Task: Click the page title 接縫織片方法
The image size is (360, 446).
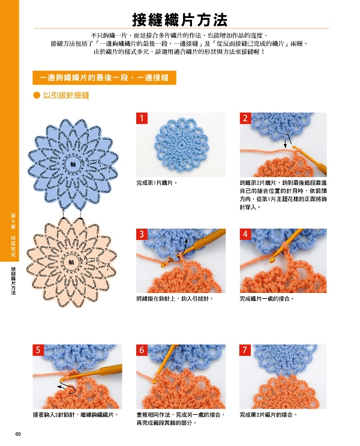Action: point(180,20)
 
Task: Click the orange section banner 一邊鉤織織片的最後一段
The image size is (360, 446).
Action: point(104,77)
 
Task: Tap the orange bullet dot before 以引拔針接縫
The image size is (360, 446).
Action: point(37,95)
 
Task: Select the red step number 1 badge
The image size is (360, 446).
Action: point(142,118)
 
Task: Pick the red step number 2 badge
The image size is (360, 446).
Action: point(245,118)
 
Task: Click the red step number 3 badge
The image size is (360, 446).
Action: point(142,234)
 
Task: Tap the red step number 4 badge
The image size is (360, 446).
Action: point(245,234)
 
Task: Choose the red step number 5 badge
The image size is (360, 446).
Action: point(38,350)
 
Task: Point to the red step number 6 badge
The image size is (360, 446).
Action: point(142,350)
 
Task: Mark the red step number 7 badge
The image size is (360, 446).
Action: point(245,350)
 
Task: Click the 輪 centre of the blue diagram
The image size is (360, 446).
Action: point(73,164)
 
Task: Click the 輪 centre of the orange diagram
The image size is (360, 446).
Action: point(71,262)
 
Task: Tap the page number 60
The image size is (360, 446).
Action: point(18,434)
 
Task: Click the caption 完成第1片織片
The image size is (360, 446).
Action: point(157,183)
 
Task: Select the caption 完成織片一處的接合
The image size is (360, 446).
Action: point(267,299)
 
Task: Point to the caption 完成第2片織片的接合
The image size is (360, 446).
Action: point(268,415)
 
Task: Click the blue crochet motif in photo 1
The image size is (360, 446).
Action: point(181,144)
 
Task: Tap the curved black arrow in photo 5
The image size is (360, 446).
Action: point(67,389)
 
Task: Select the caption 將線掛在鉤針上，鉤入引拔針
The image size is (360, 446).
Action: point(175,299)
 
